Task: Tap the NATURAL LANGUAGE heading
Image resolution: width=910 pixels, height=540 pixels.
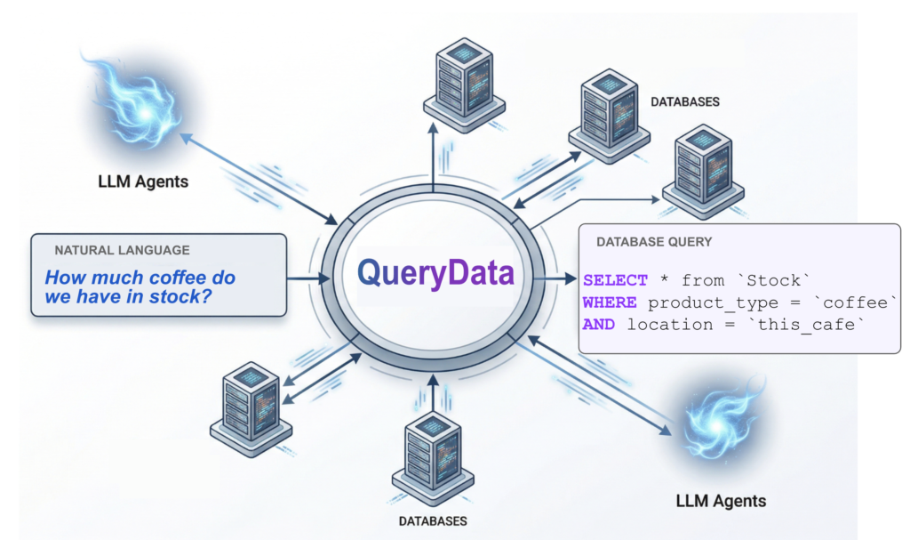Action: click(x=122, y=251)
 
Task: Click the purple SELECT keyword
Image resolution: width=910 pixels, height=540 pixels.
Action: click(x=615, y=280)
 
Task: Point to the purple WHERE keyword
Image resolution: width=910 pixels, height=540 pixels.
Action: click(x=610, y=302)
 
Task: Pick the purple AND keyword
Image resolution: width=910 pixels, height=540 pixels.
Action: click(x=599, y=325)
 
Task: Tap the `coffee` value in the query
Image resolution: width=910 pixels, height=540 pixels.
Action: click(x=860, y=302)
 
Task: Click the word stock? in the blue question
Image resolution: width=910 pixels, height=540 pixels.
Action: click(x=181, y=297)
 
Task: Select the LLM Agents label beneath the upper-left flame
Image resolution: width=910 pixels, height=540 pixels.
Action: click(x=143, y=182)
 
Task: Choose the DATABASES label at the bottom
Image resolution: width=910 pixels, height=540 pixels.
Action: click(x=432, y=520)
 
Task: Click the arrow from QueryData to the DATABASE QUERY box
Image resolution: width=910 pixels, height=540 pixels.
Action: click(x=556, y=279)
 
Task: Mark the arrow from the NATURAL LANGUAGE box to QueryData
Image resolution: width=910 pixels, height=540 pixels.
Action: click(x=307, y=279)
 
